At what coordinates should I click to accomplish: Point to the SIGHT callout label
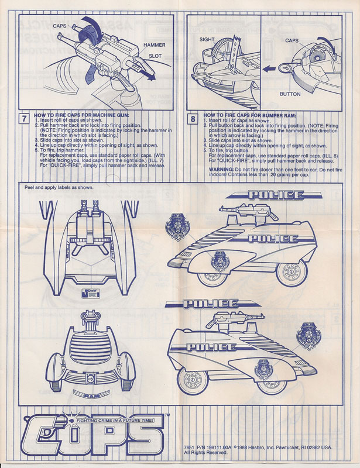pos(207,39)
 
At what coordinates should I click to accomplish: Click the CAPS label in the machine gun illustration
pos(60,27)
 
